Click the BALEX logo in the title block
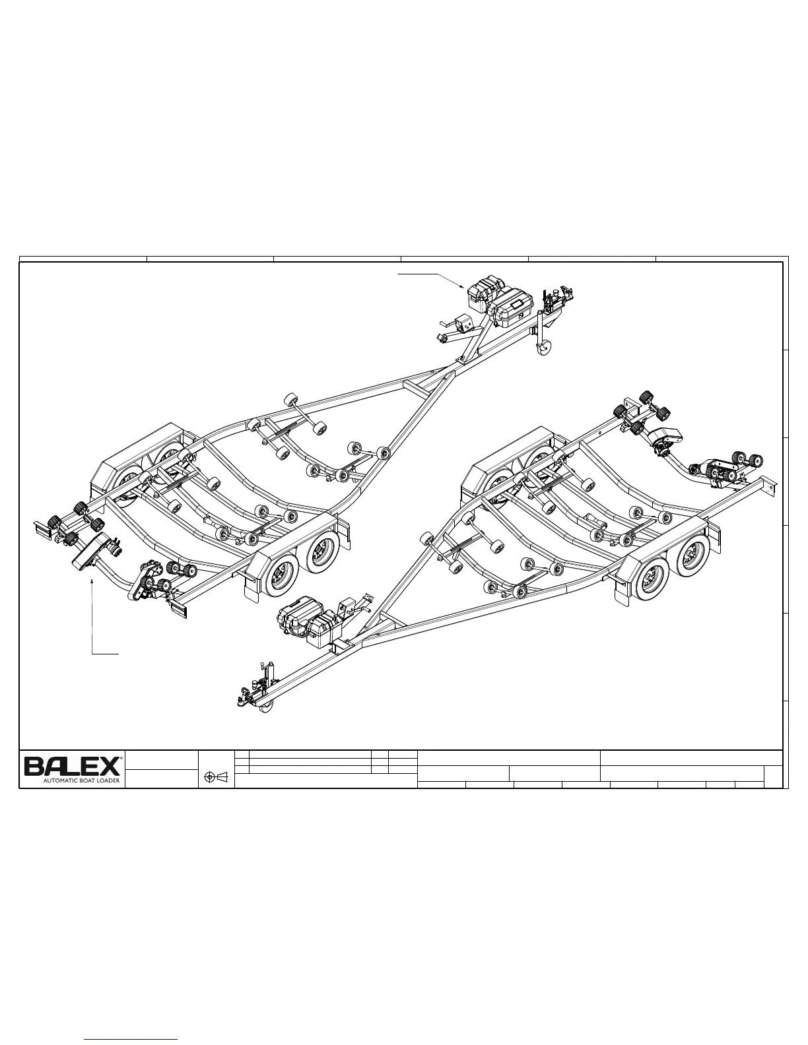[x=73, y=766]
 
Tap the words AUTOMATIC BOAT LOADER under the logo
[x=81, y=780]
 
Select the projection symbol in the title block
[x=217, y=778]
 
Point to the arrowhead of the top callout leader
[x=465, y=287]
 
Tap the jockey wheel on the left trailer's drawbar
[x=545, y=348]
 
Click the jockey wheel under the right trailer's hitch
[x=266, y=708]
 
